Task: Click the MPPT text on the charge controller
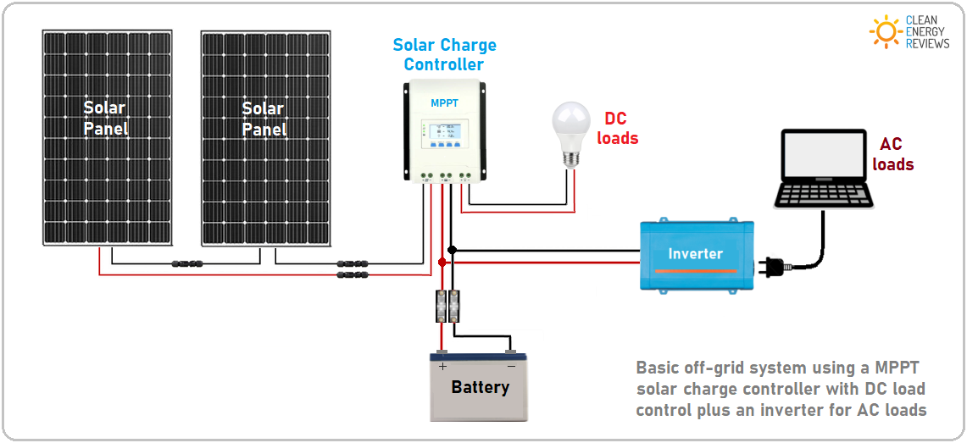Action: pos(444,103)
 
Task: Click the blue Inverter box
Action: pos(695,254)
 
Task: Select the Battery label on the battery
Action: pos(480,388)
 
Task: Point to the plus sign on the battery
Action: pos(442,367)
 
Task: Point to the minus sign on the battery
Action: pos(510,367)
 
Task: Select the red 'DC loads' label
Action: pos(617,129)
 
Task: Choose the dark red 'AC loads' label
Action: pos(892,155)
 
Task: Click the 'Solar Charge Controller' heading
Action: pos(444,55)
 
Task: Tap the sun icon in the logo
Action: pos(886,31)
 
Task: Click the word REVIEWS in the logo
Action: pos(927,43)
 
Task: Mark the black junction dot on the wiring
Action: pos(453,250)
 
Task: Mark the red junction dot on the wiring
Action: pos(442,263)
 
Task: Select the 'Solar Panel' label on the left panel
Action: pos(105,119)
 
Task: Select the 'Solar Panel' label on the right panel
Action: pos(264,119)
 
